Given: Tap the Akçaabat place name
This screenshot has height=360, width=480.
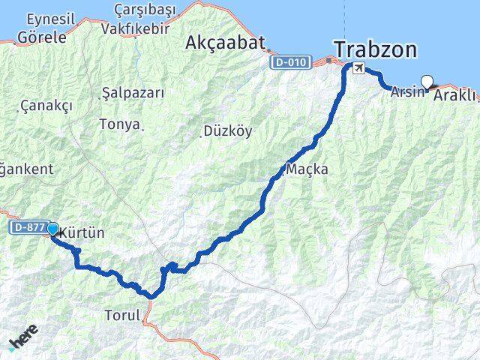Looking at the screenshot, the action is tap(226, 43).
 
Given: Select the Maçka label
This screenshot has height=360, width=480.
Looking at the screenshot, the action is tap(307, 169).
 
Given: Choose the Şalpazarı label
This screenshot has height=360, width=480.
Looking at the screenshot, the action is tap(133, 93).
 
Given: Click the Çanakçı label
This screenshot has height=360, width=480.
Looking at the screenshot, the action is tap(47, 106).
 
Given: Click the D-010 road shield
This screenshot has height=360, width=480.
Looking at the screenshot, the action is tap(289, 62).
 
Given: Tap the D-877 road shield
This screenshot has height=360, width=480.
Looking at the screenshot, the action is tap(27, 226).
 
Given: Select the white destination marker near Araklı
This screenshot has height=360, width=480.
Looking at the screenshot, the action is tap(427, 82).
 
